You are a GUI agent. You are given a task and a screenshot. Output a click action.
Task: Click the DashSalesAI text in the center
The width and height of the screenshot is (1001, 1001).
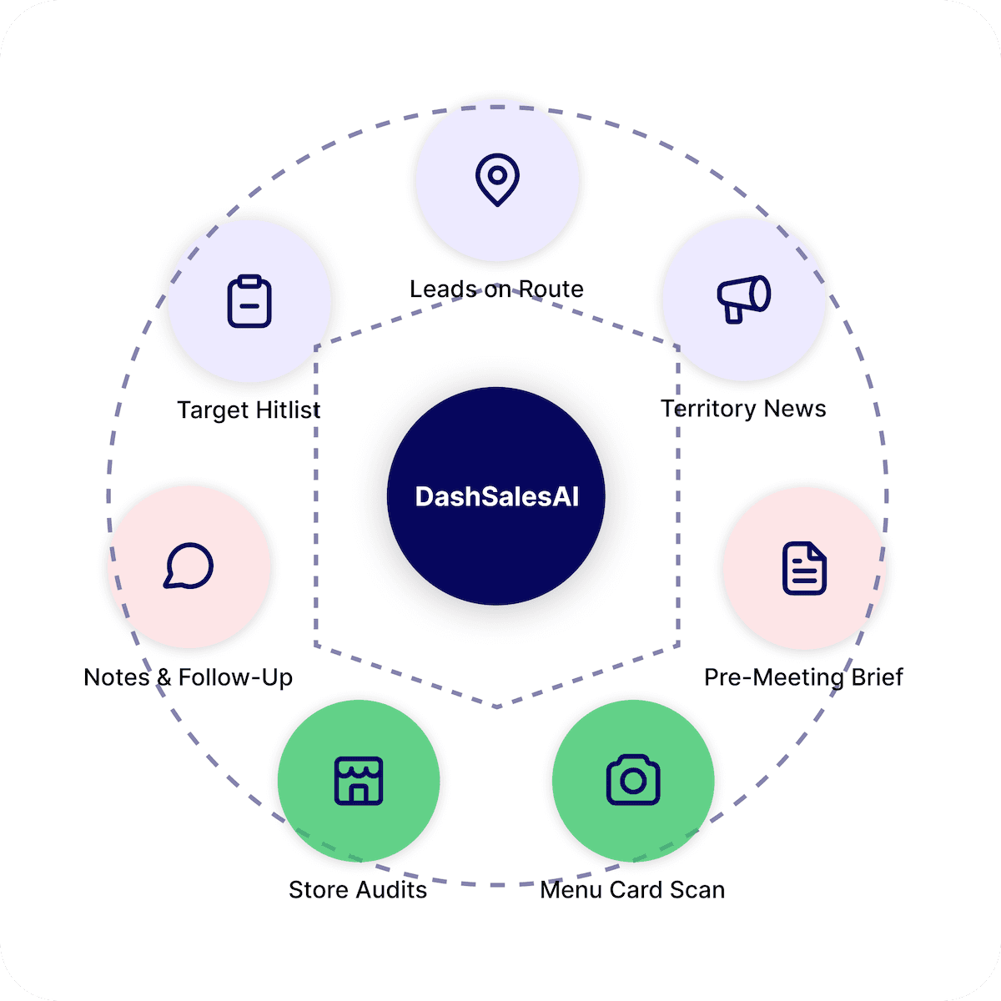pos(496,497)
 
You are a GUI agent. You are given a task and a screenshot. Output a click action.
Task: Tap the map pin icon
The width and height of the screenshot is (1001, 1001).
pos(497,179)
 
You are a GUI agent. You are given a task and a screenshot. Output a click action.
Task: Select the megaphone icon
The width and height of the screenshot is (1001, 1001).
pos(743,298)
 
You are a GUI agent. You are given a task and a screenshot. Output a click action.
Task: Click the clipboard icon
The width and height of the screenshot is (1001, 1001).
pos(249,301)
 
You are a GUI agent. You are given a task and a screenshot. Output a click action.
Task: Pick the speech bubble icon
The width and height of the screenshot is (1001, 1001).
pos(189,566)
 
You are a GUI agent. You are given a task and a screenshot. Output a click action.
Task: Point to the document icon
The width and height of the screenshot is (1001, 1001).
pos(804,568)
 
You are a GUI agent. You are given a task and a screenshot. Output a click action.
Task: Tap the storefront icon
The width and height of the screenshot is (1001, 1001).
pos(359,781)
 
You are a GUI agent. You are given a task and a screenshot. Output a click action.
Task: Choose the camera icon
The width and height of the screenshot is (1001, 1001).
pos(633,780)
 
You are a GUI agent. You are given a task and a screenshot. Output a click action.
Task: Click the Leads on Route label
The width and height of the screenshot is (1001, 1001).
pos(496,289)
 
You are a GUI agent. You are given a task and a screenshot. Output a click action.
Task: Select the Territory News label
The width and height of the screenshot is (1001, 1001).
pos(743,409)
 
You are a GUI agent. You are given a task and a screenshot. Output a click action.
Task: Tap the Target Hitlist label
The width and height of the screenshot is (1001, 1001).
pos(249,410)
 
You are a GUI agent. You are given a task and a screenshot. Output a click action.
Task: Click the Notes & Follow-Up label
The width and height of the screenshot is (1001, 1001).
pos(188,677)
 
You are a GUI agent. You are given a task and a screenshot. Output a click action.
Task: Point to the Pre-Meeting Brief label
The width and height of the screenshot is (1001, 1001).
pos(803,677)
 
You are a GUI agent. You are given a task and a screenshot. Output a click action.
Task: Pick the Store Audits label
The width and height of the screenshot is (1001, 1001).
pos(358,890)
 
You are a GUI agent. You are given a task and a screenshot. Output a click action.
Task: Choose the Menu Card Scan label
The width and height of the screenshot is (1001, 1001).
pos(632,890)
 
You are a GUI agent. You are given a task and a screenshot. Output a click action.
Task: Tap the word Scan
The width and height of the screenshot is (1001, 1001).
pos(697,890)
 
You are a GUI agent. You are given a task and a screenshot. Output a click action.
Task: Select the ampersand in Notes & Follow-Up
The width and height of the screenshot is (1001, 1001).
pos(163,677)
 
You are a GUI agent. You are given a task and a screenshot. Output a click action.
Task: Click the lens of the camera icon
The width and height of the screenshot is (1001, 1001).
pos(633,782)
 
